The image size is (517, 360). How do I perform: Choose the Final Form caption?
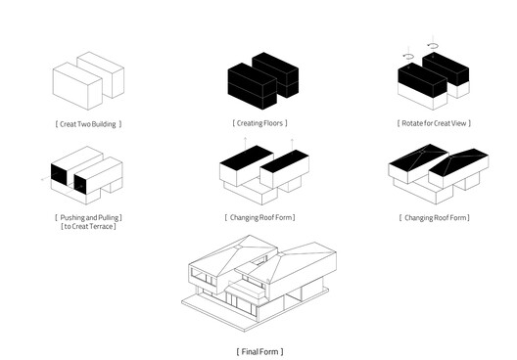(x=259, y=351)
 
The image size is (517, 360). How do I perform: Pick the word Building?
(x=104, y=124)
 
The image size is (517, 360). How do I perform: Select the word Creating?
(x=249, y=123)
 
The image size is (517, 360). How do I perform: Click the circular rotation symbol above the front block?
(x=409, y=57)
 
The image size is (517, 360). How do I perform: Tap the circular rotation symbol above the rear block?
(x=433, y=46)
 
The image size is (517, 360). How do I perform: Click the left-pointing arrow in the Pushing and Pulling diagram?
(x=47, y=178)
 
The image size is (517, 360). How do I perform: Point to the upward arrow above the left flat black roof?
(x=245, y=143)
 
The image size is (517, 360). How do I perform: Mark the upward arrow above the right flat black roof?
(x=292, y=145)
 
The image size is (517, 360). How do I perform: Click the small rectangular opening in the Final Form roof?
(x=258, y=262)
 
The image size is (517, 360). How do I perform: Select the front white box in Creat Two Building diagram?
(x=77, y=86)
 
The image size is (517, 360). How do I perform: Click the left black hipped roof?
(x=419, y=157)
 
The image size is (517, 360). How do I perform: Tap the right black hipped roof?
(x=459, y=163)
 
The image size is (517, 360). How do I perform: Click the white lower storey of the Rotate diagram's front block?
(x=423, y=98)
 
